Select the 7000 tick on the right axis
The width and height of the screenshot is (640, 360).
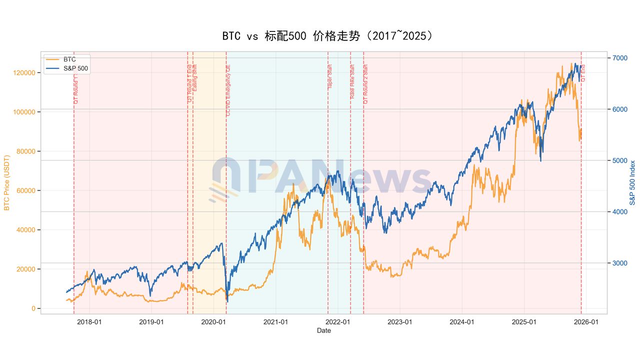click(619, 58)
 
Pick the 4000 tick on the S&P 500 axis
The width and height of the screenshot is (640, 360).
click(619, 212)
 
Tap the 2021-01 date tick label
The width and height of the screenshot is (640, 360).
click(275, 322)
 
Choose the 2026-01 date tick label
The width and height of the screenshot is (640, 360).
click(586, 322)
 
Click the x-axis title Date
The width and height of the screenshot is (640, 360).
click(323, 330)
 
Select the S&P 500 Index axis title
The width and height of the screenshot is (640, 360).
click(632, 183)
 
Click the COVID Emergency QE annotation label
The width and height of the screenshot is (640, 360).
click(228, 90)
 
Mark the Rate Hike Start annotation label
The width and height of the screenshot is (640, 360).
click(352, 81)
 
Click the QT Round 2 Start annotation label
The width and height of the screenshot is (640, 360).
click(366, 84)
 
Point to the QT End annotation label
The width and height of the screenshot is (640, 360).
click(583, 73)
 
